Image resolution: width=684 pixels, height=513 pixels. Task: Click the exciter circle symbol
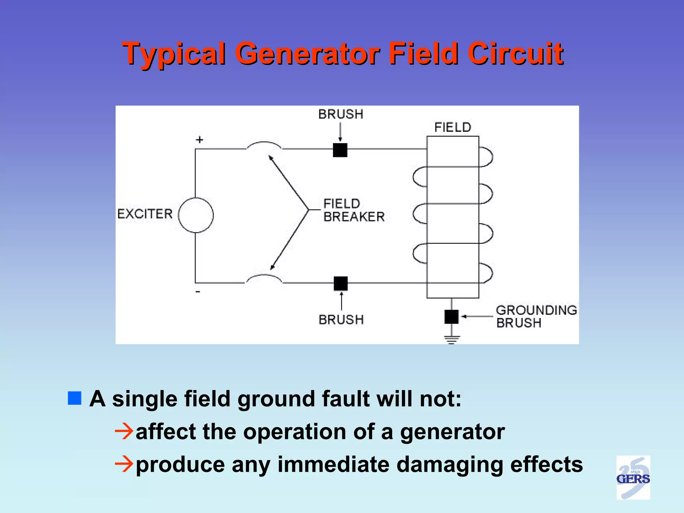pos(196,215)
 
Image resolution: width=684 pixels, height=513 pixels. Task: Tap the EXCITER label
pos(145,214)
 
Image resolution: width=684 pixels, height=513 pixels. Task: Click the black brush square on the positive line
pos(340,150)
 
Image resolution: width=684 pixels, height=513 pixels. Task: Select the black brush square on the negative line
pos(341,284)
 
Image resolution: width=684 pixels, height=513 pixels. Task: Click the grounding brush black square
pos(451,317)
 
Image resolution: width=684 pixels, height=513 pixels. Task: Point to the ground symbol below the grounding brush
pos(452,339)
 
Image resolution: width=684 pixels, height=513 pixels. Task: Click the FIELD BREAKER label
pos(353,210)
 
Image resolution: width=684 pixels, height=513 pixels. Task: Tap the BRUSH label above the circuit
pos(341,114)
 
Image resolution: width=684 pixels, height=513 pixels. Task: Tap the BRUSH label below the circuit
pos(341,320)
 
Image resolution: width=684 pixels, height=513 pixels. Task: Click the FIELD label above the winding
pos(453,127)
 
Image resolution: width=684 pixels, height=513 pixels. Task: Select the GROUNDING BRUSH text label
pos(536,316)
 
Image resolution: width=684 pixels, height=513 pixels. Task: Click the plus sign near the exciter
pos(199,140)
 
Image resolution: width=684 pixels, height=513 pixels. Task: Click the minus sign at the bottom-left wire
pos(198,292)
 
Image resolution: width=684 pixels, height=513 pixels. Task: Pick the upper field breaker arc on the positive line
pos(264,145)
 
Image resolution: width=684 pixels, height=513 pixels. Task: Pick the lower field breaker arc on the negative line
pos(264,278)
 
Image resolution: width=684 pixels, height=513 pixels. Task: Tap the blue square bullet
pos(74,398)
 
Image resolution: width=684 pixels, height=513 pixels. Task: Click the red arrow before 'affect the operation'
pos(124,431)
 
